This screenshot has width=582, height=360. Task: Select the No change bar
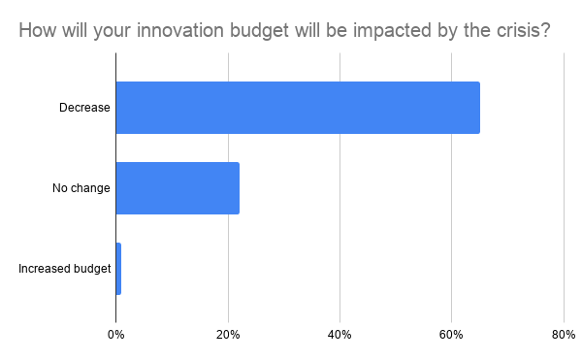pos(178,188)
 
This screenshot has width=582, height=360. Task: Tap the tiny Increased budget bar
pos(118,269)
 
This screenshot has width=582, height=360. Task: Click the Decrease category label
pos(84,108)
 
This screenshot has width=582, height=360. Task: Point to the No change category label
pos(81,188)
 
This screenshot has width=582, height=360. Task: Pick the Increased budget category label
pos(65,269)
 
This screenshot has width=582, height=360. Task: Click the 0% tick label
pos(115,336)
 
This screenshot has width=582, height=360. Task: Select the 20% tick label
pos(228,336)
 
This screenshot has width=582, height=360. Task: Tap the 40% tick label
pos(339,336)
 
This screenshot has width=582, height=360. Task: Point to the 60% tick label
pos(451,336)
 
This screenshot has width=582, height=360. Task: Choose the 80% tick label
pos(564,336)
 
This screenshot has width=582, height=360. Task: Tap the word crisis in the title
pos(520,31)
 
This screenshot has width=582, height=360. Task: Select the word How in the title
pos(35,31)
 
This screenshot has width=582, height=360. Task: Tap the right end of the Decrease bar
pos(478,108)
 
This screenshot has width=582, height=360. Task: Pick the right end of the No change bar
pos(238,188)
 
